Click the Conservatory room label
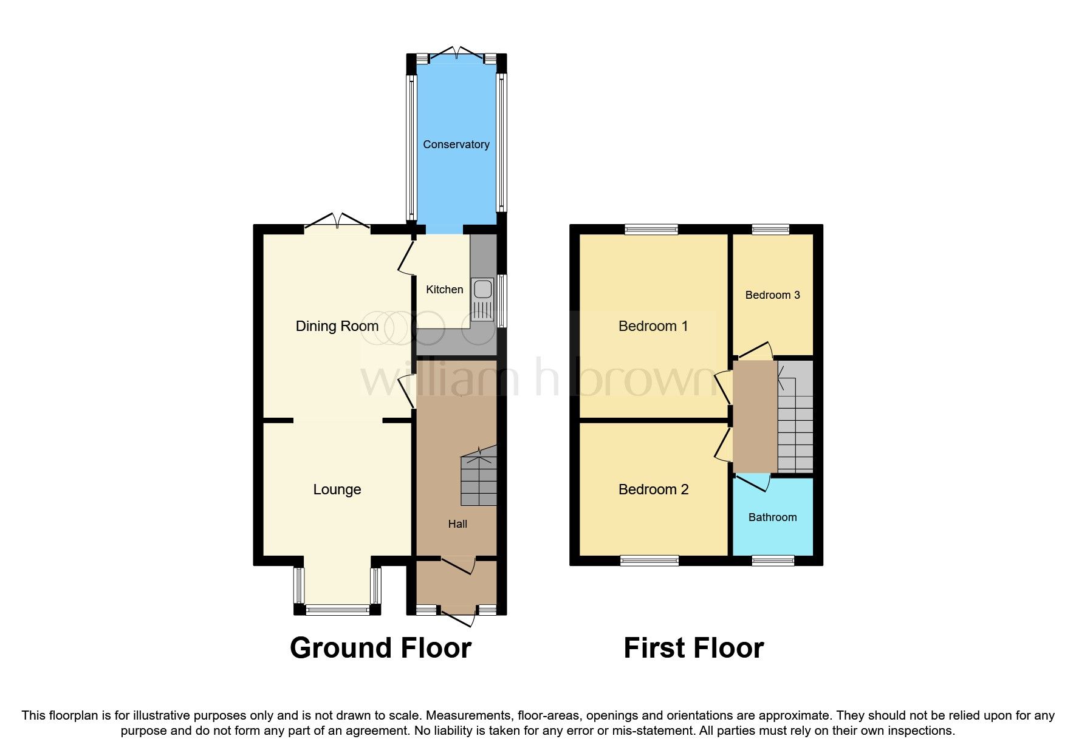coord(456,145)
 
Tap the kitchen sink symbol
coord(482,299)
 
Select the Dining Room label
coord(337,327)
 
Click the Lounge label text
coord(337,489)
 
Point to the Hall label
coord(457,524)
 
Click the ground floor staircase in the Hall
coord(479,477)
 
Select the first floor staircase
coord(795,419)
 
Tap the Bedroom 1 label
coord(653,327)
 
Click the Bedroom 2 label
coord(653,489)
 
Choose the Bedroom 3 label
coord(772,295)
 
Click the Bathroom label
coord(772,517)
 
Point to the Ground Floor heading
coord(380,648)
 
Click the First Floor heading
coord(693,648)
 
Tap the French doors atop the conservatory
coord(456,53)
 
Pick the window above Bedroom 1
coord(651,229)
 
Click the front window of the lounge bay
coord(337,610)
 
